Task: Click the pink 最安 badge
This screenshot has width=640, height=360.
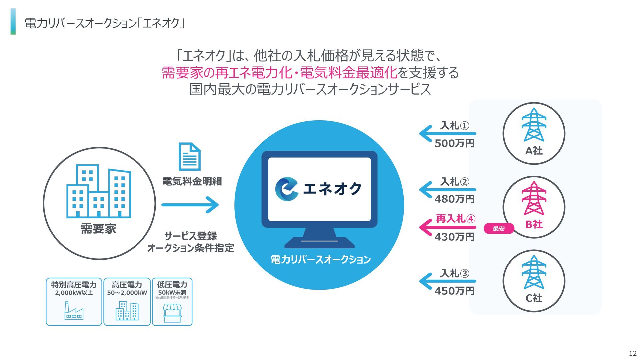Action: click(499, 229)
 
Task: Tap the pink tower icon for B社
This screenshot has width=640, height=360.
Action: click(534, 199)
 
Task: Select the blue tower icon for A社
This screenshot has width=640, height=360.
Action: click(534, 125)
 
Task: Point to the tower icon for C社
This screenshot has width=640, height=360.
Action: click(534, 272)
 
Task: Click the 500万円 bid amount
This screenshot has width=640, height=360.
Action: click(454, 144)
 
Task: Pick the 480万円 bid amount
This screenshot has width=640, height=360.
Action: click(454, 199)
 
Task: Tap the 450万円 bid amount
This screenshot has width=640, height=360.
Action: click(454, 291)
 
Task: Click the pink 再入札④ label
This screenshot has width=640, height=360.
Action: click(455, 219)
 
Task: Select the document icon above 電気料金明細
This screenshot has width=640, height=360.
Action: click(189, 157)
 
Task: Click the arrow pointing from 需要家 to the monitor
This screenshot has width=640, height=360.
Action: click(190, 205)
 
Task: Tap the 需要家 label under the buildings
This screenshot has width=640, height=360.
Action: click(99, 229)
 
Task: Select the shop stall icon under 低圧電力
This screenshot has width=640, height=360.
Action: click(172, 313)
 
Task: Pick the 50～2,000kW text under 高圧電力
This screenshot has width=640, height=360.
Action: click(127, 293)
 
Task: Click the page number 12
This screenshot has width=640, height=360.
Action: click(632, 354)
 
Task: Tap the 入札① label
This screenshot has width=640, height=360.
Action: click(454, 126)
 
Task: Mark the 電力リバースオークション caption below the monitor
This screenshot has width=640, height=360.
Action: click(320, 260)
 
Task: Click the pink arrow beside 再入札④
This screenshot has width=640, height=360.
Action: click(447, 228)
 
